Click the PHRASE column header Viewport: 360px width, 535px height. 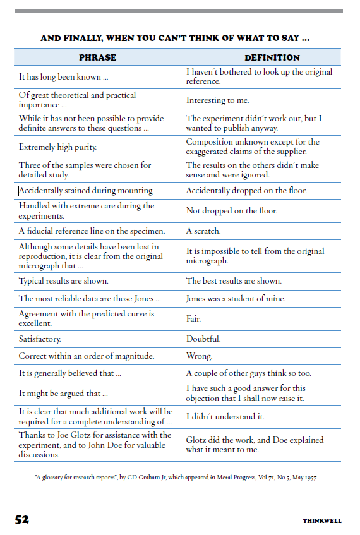point(97,57)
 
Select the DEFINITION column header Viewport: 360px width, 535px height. point(272,57)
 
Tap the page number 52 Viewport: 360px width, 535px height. point(22,520)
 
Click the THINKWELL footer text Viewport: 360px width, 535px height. point(322,520)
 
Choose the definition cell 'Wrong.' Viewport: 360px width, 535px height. point(199,356)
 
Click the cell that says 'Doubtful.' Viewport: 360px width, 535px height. point(203,339)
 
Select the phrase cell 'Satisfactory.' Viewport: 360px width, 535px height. point(40,339)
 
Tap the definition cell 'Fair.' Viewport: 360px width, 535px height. point(193,319)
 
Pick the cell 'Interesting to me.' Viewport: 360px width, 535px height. point(218,100)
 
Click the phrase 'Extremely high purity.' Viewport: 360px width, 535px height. point(57,147)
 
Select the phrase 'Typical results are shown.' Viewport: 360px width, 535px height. point(63,281)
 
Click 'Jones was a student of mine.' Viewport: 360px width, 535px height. point(236,299)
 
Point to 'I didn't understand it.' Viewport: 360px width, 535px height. point(225,417)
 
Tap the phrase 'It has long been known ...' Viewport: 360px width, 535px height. point(63,77)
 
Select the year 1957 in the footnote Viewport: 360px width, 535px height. point(308,478)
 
